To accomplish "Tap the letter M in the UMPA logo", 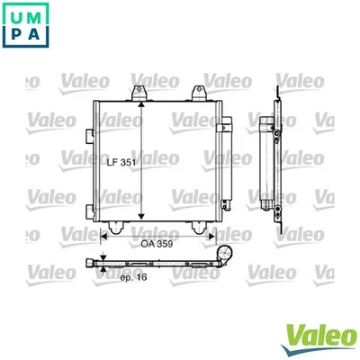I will (39, 16).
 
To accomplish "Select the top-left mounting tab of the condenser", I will (139, 93).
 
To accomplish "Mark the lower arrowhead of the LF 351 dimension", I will (141, 220).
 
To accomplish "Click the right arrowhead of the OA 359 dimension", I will (218, 232).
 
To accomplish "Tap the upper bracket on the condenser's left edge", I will (88, 134).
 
